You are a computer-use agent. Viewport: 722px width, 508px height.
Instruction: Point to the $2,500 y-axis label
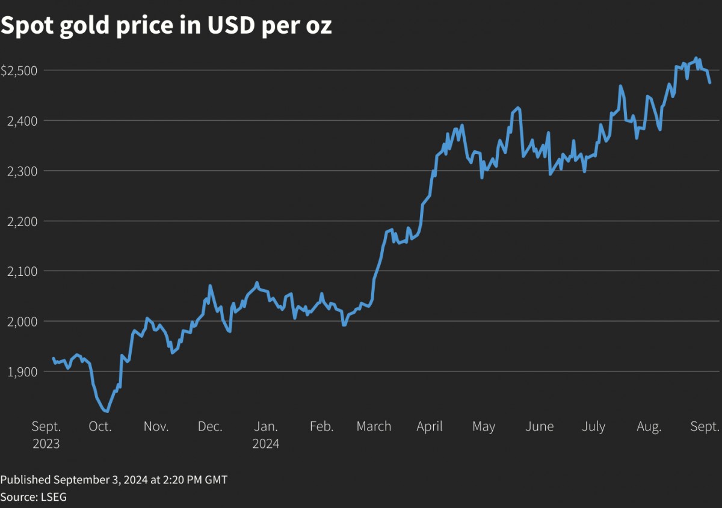click(19, 70)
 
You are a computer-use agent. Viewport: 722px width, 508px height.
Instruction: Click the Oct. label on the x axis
click(100, 427)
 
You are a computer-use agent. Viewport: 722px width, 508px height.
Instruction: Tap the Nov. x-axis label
click(156, 427)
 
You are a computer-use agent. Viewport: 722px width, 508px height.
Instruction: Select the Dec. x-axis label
click(210, 427)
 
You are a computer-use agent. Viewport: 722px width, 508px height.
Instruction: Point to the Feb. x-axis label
click(321, 427)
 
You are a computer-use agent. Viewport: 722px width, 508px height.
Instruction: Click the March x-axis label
click(374, 427)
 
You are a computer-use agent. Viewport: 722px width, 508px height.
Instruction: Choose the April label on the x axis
click(430, 427)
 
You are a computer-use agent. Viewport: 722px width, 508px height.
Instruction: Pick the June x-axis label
click(539, 427)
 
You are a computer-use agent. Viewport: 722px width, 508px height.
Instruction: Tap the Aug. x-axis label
click(649, 427)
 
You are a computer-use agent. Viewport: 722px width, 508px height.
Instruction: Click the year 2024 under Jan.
click(265, 444)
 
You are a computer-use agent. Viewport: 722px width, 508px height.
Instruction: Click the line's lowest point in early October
click(106, 411)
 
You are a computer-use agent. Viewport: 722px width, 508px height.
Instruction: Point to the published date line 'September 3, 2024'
click(114, 480)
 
